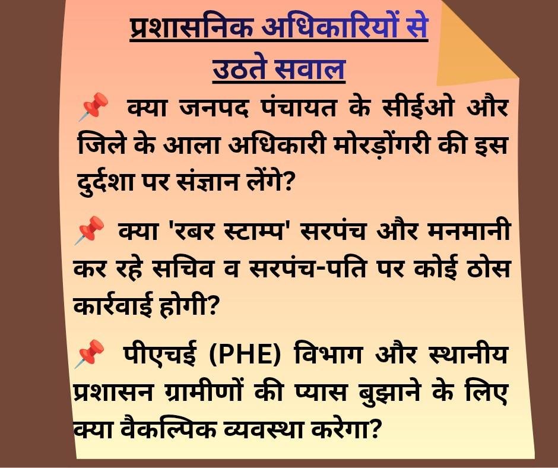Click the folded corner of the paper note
coord(473,46)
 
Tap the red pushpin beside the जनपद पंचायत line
coord(93,106)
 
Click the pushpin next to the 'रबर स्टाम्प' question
coord(89,230)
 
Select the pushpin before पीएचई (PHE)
coord(89,353)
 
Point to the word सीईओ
coord(418,106)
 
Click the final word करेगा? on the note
coord(344,430)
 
